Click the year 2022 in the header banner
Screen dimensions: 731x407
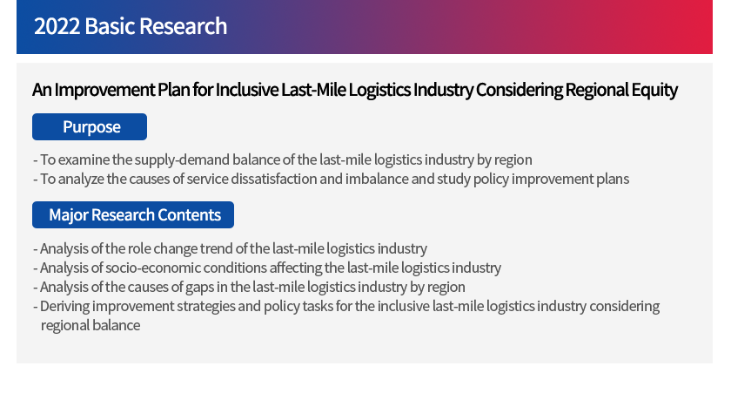57,26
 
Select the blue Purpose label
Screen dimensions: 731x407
90,127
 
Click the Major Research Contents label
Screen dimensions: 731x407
133,214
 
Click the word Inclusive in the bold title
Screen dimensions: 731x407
246,90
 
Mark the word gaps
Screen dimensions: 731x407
199,288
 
